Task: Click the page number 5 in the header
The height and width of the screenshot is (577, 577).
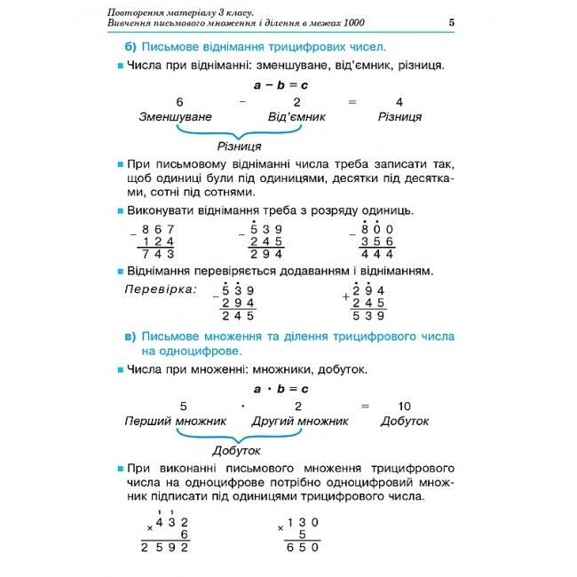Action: point(452,22)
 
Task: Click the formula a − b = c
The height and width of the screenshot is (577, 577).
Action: point(281,85)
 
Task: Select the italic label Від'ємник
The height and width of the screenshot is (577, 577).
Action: point(296,116)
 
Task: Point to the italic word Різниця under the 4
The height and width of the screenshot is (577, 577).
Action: point(399,116)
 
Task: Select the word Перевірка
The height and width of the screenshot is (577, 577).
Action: point(160,289)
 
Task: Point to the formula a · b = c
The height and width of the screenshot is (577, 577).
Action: point(281,389)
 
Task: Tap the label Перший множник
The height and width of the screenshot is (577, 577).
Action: point(175,421)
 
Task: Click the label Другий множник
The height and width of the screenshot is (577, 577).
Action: point(299,421)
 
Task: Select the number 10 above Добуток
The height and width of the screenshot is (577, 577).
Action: point(405,406)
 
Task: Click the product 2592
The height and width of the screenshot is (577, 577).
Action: point(165,548)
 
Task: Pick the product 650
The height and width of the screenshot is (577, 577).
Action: point(301,548)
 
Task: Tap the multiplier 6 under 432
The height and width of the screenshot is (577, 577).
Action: point(184,534)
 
